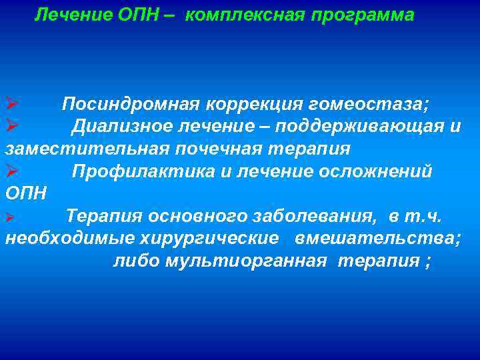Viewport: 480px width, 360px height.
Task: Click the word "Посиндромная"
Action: tap(130, 105)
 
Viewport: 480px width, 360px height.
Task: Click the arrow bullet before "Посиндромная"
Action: tap(11, 105)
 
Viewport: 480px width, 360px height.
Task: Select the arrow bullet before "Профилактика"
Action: tap(11, 171)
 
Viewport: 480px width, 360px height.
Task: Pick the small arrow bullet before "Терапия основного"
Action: tap(9, 217)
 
